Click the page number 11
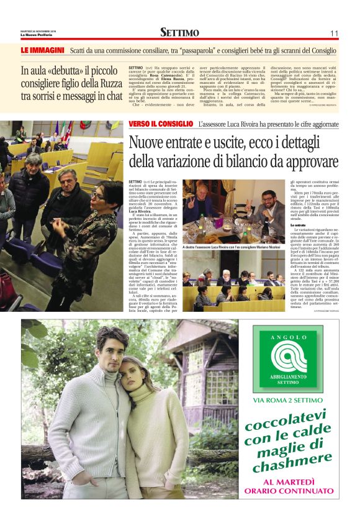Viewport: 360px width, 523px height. [x=333, y=33]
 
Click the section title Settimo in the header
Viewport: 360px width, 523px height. [x=179, y=32]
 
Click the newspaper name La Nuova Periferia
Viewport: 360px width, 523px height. [x=38, y=34]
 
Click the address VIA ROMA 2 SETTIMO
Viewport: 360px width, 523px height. [x=290, y=400]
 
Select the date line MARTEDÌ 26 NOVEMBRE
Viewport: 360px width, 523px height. [x=38, y=30]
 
